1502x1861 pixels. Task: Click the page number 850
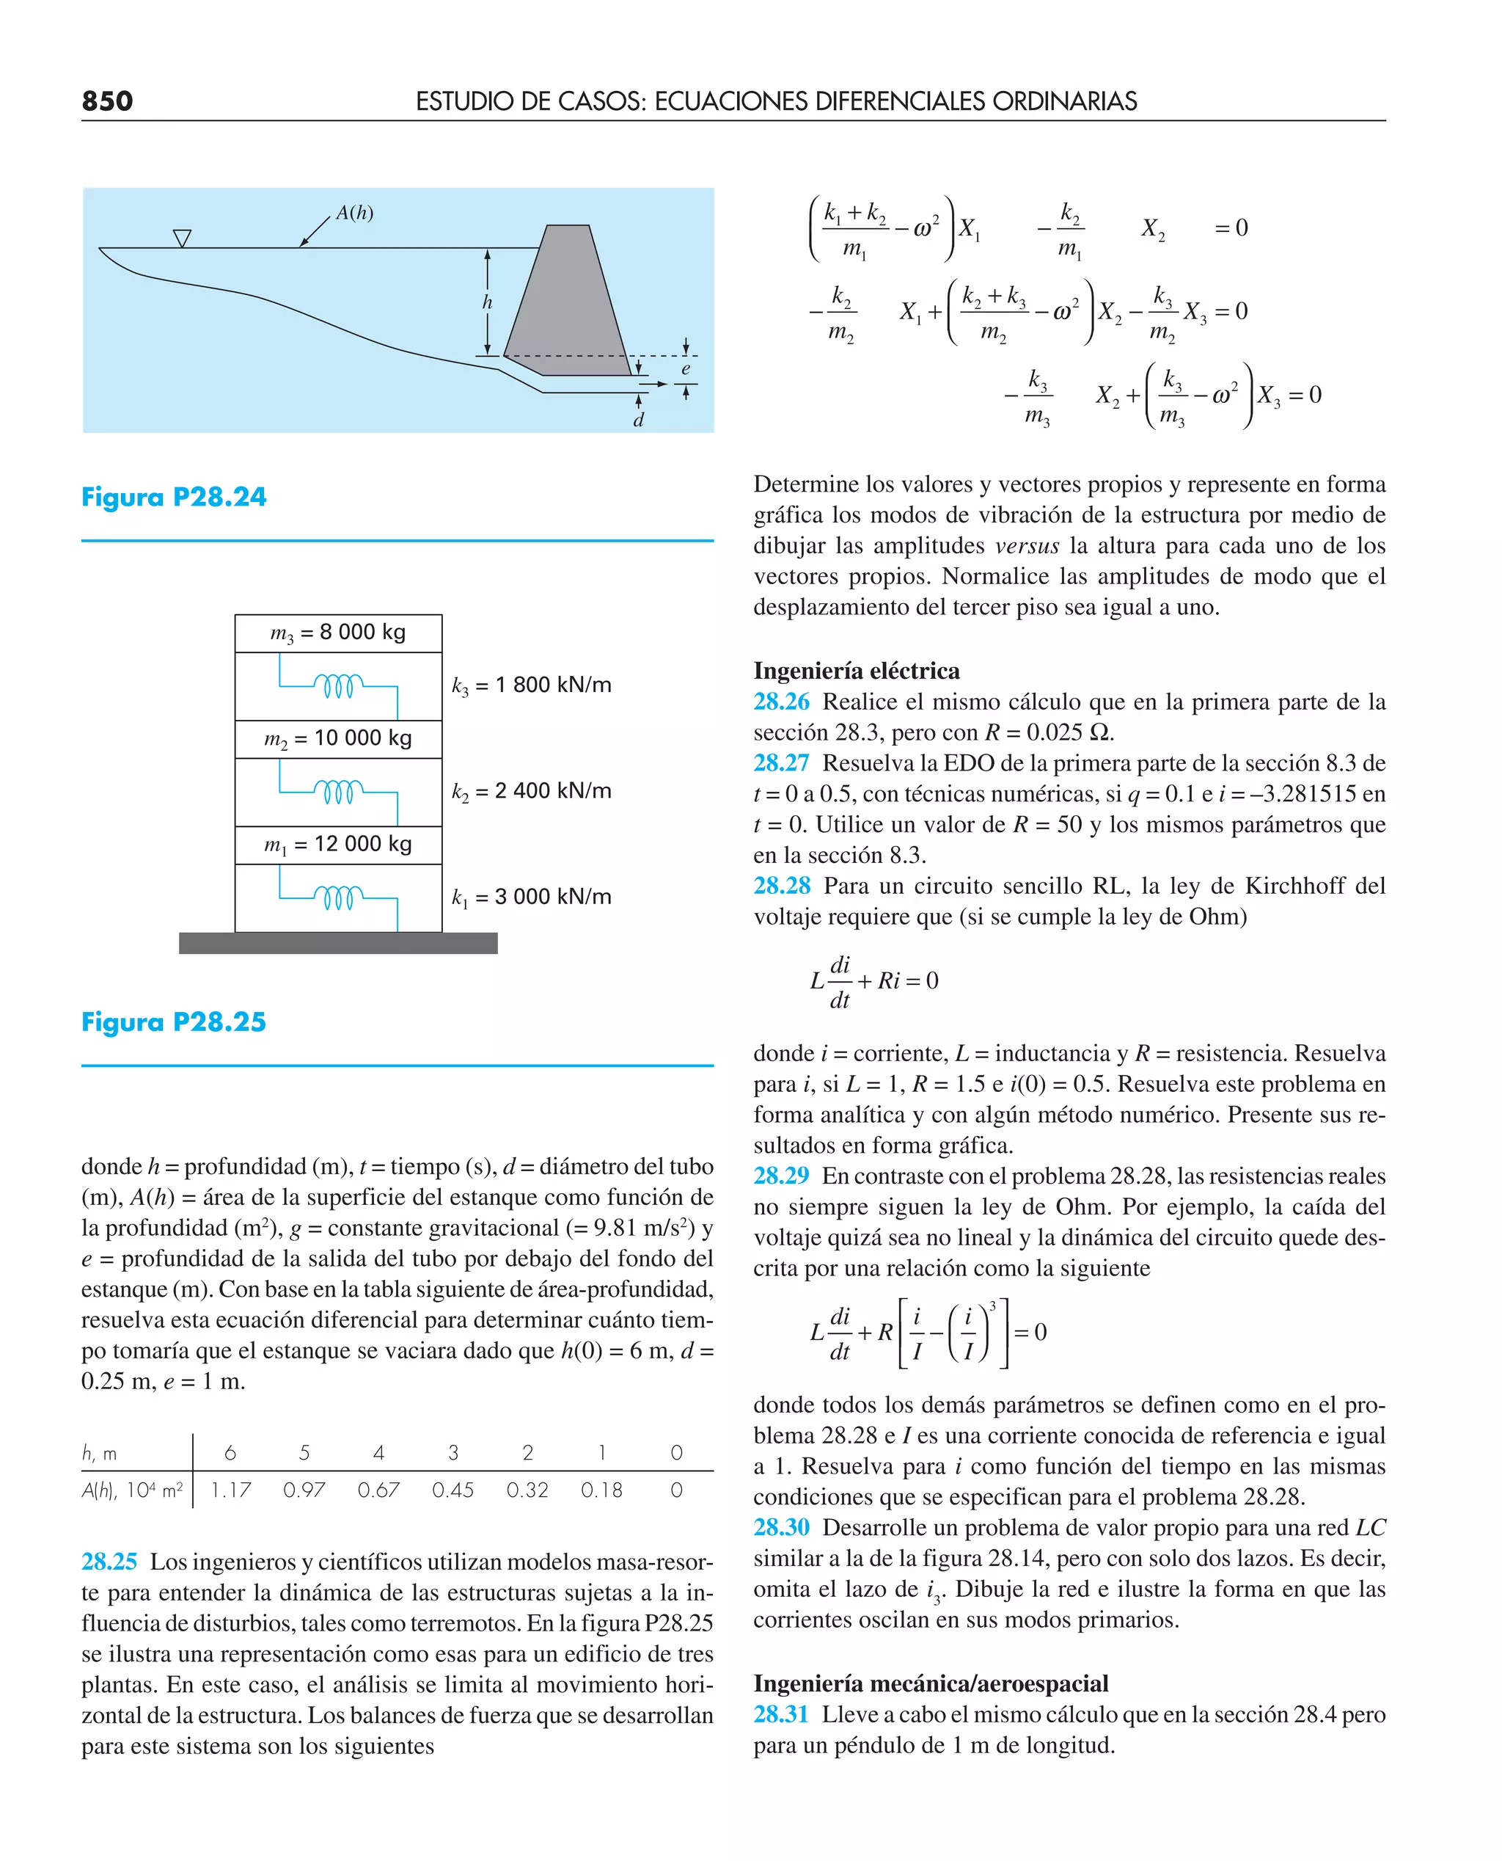point(107,101)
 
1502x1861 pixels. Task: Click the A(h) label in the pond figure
point(355,213)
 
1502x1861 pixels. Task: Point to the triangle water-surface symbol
point(182,237)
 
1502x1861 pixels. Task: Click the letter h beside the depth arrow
point(487,302)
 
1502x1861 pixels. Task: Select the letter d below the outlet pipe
point(639,420)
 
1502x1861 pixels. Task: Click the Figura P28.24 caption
point(174,497)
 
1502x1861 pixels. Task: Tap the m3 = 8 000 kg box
point(338,633)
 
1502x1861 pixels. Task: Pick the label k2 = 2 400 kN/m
point(531,791)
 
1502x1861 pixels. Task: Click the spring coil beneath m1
point(338,898)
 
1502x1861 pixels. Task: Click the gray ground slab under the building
point(338,943)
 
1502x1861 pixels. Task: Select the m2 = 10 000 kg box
point(338,738)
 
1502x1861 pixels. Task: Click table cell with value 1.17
point(230,1490)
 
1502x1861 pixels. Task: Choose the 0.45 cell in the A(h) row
point(453,1490)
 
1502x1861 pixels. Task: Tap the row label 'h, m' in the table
point(100,1452)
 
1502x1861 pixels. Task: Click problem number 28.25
point(109,1562)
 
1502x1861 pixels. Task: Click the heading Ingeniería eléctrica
point(857,671)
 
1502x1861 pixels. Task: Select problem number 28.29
point(781,1176)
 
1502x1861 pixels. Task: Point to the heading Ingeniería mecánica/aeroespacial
point(931,1683)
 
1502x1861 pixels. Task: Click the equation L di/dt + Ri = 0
point(874,982)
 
